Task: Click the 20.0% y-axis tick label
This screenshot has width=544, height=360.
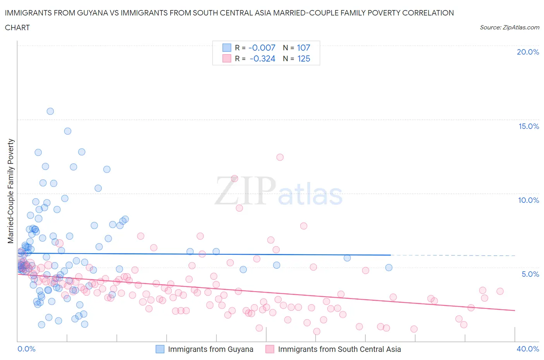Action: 528,52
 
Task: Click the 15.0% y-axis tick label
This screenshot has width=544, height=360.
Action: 529,126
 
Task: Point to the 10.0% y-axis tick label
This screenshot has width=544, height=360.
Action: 529,200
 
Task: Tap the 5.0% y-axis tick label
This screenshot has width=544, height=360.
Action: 530,274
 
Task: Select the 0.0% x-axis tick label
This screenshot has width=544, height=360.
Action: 26,349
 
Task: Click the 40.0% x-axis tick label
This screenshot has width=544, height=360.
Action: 528,349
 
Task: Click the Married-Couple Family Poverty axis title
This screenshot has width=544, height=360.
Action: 11,191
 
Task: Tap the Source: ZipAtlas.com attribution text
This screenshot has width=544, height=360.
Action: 509,27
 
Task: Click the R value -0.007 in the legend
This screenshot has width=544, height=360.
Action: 262,48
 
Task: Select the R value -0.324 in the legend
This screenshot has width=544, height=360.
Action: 262,58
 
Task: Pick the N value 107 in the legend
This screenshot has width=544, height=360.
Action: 303,48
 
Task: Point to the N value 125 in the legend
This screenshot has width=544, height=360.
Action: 303,58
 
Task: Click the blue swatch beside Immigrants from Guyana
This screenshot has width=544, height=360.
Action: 160,349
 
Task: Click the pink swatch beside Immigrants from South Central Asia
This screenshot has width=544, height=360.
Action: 270,349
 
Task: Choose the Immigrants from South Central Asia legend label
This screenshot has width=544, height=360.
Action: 339,349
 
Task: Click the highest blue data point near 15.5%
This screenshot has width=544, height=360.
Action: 50,111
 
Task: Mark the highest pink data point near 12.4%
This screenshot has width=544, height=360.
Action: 280,157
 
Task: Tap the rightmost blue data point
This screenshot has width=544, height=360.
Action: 389,267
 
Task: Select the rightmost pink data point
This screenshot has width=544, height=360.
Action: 500,291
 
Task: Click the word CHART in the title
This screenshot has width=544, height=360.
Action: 17,27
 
